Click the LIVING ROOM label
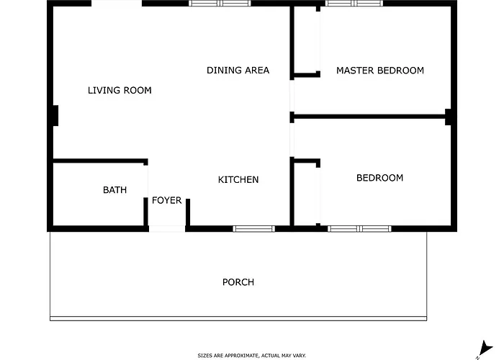pyautogui.click(x=120, y=90)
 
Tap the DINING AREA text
pyautogui.click(x=238, y=71)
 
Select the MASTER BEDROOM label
pyautogui.click(x=380, y=71)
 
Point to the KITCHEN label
pyautogui.click(x=238, y=180)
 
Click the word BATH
pyautogui.click(x=114, y=190)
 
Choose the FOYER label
pyautogui.click(x=167, y=201)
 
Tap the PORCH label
pyautogui.click(x=238, y=282)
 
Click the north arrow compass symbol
pyautogui.click(x=485, y=349)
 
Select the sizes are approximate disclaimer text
pyautogui.click(x=252, y=356)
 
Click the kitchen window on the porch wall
pyautogui.click(x=254, y=229)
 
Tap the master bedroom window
pyautogui.click(x=354, y=4)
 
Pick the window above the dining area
pyautogui.click(x=220, y=4)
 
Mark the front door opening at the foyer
pyautogui.click(x=167, y=229)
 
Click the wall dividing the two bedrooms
pyautogui.click(x=369, y=117)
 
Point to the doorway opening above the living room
pyautogui.click(x=117, y=4)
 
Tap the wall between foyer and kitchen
pyautogui.click(x=188, y=212)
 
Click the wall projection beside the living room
pyautogui.click(x=55, y=116)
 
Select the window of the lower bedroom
pyautogui.click(x=360, y=229)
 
